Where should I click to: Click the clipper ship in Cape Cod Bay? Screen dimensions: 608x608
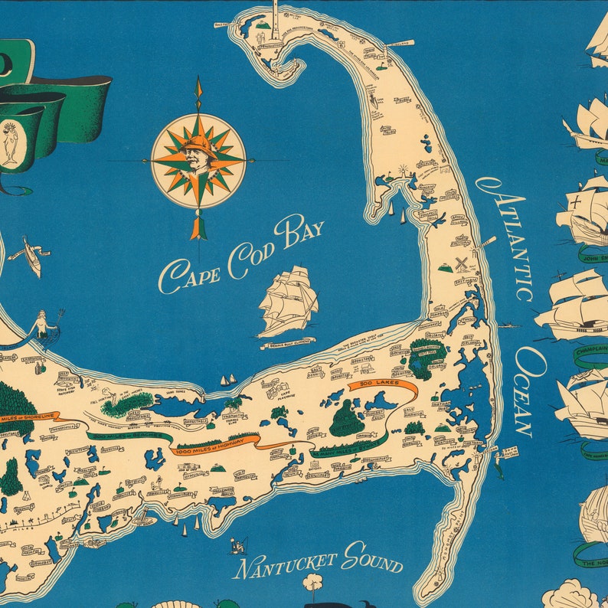287,300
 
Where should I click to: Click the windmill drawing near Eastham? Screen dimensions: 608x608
461,263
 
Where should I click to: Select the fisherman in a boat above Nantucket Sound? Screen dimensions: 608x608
238,544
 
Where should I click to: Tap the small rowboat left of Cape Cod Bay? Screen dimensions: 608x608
31,256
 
